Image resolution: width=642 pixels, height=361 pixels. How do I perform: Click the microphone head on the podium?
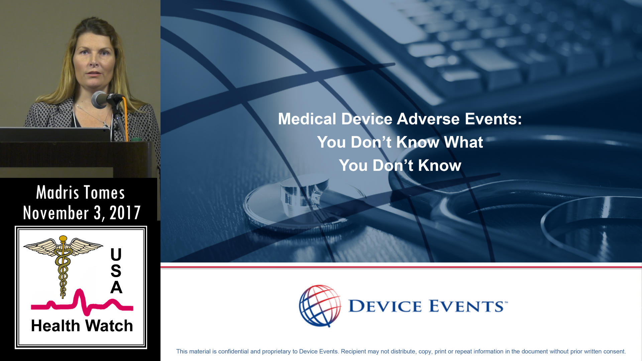pyautogui.click(x=99, y=100)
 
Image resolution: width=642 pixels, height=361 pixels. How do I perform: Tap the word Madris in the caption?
pyautogui.click(x=58, y=193)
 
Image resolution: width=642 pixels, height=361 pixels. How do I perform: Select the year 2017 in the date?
pyautogui.click(x=125, y=213)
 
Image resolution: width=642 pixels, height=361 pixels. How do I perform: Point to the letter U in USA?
pyautogui.click(x=116, y=255)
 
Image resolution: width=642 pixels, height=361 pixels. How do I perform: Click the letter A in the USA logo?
pyautogui.click(x=116, y=287)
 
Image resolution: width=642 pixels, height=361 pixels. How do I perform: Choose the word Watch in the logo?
pyautogui.click(x=109, y=326)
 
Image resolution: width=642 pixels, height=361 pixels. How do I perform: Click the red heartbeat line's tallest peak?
pyautogui.click(x=80, y=290)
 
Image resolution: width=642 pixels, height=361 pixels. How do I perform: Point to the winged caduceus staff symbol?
pyautogui.click(x=63, y=264)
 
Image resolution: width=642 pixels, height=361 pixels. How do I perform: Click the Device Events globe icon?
pyautogui.click(x=320, y=306)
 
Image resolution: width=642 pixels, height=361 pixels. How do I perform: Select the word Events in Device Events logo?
pyautogui.click(x=468, y=306)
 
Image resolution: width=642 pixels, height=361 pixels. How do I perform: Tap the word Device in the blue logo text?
pyautogui.click(x=385, y=306)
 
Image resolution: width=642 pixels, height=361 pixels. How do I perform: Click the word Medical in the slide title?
pyautogui.click(x=307, y=119)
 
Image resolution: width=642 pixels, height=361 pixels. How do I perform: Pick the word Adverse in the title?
pyautogui.click(x=428, y=119)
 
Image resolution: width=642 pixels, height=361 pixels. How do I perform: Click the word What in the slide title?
pyautogui.click(x=463, y=142)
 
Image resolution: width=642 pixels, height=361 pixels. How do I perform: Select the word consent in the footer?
pyautogui.click(x=615, y=352)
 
